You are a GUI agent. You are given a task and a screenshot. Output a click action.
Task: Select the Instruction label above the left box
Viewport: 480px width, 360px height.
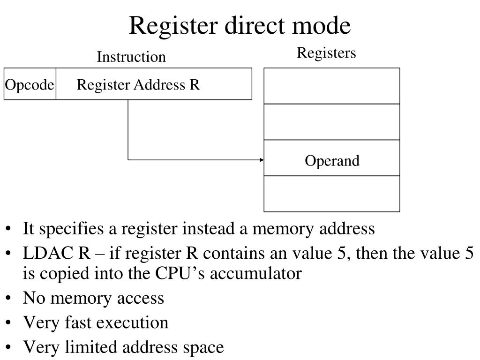tap(131, 57)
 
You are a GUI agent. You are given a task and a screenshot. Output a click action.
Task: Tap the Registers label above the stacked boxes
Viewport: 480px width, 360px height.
tap(326, 53)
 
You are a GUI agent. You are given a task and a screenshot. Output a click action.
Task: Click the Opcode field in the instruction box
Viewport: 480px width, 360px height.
tap(30, 85)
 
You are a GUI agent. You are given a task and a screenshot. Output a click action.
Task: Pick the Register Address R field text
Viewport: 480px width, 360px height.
tap(138, 85)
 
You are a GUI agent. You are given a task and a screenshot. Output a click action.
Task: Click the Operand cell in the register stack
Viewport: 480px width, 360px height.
tap(332, 161)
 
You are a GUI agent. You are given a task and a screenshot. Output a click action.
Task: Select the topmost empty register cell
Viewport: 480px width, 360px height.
tap(332, 86)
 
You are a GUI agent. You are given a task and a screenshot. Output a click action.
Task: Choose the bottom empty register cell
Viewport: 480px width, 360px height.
tap(332, 194)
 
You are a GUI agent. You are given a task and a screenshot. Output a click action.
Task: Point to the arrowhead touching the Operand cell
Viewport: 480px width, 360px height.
tap(262, 160)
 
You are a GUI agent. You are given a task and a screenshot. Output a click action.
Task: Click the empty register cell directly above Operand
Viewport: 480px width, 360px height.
tap(332, 122)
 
